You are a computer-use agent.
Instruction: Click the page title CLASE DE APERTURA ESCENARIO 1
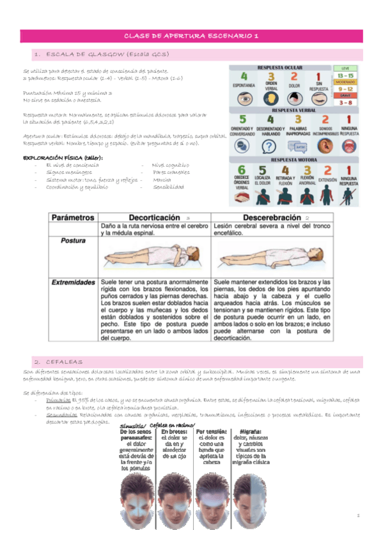point(192,36)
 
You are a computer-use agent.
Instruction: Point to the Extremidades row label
point(74,282)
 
